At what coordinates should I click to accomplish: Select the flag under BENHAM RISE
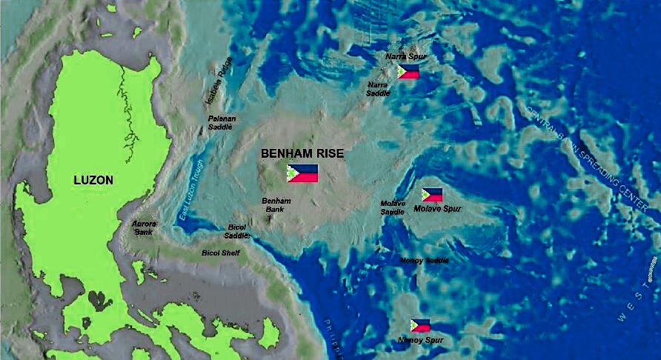[x=302, y=173]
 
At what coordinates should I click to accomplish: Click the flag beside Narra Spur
[x=408, y=72]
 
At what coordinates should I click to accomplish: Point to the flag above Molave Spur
[x=432, y=195]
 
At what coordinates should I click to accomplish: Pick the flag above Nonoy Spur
[x=420, y=325]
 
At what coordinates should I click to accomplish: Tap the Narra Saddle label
[x=378, y=89]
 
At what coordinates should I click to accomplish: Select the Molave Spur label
[x=437, y=209]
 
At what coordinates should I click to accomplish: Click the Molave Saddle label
[x=393, y=207]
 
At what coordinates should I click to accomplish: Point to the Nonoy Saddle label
[x=424, y=260]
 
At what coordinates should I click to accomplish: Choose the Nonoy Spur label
[x=420, y=340]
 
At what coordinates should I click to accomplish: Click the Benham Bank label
[x=276, y=204]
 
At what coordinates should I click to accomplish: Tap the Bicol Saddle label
[x=237, y=230]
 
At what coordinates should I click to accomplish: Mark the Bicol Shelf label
[x=219, y=253]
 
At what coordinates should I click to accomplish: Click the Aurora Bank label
[x=144, y=227]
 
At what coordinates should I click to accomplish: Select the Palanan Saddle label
[x=220, y=122]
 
